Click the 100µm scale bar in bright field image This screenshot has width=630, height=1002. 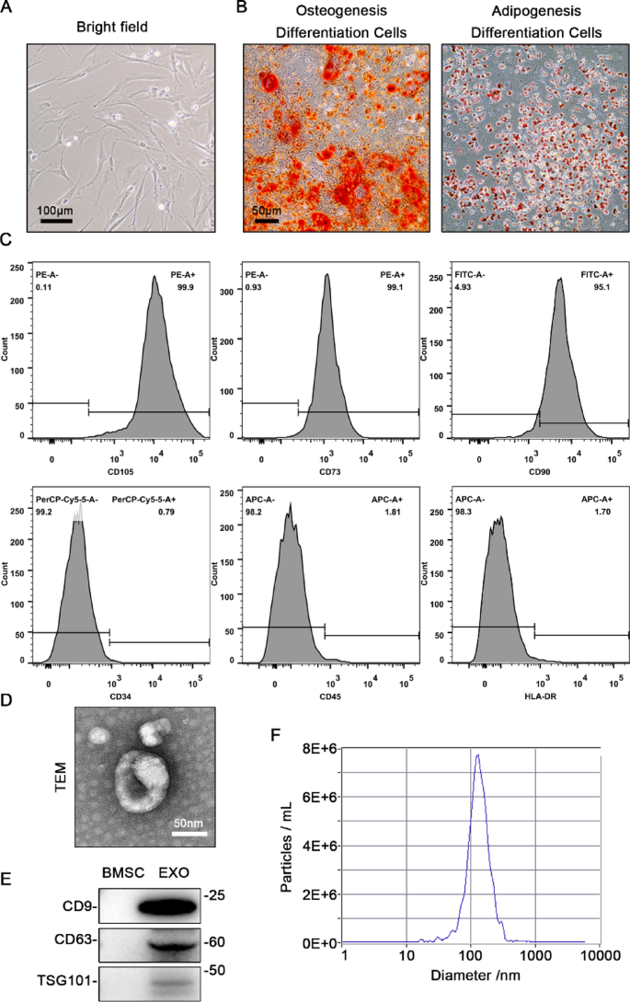(56, 220)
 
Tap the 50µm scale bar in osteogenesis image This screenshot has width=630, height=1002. (268, 220)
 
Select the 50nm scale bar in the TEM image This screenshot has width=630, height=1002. (189, 834)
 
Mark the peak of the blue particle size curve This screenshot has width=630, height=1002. (477, 755)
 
